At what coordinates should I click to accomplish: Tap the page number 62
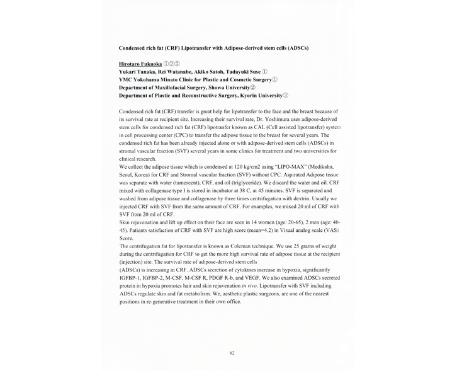[x=232, y=353]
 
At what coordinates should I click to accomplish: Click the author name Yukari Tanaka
[x=138, y=72]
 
